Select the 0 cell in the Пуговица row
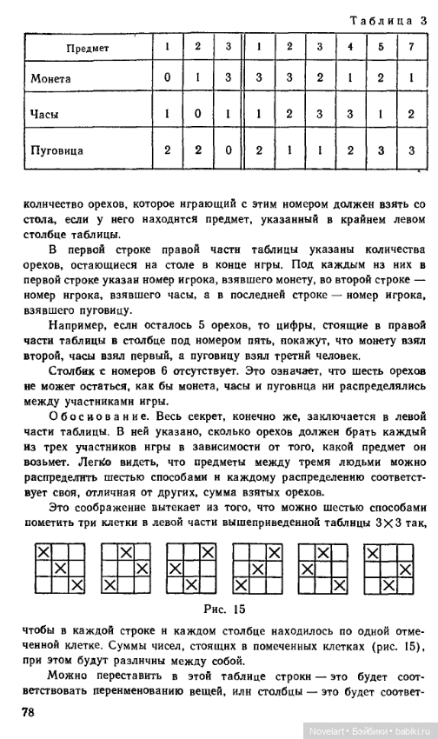click(229, 150)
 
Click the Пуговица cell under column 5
click(380, 150)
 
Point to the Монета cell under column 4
click(349, 77)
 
